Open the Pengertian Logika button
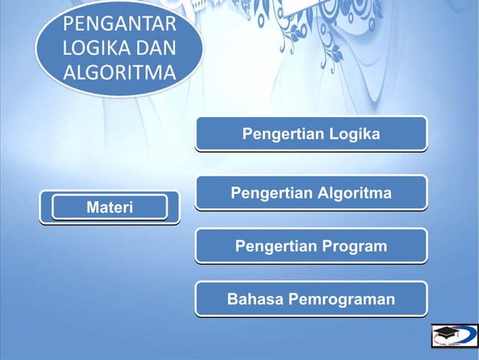coord(311,135)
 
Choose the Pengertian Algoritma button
coord(311,193)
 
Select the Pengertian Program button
coord(311,246)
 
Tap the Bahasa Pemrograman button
coord(311,299)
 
